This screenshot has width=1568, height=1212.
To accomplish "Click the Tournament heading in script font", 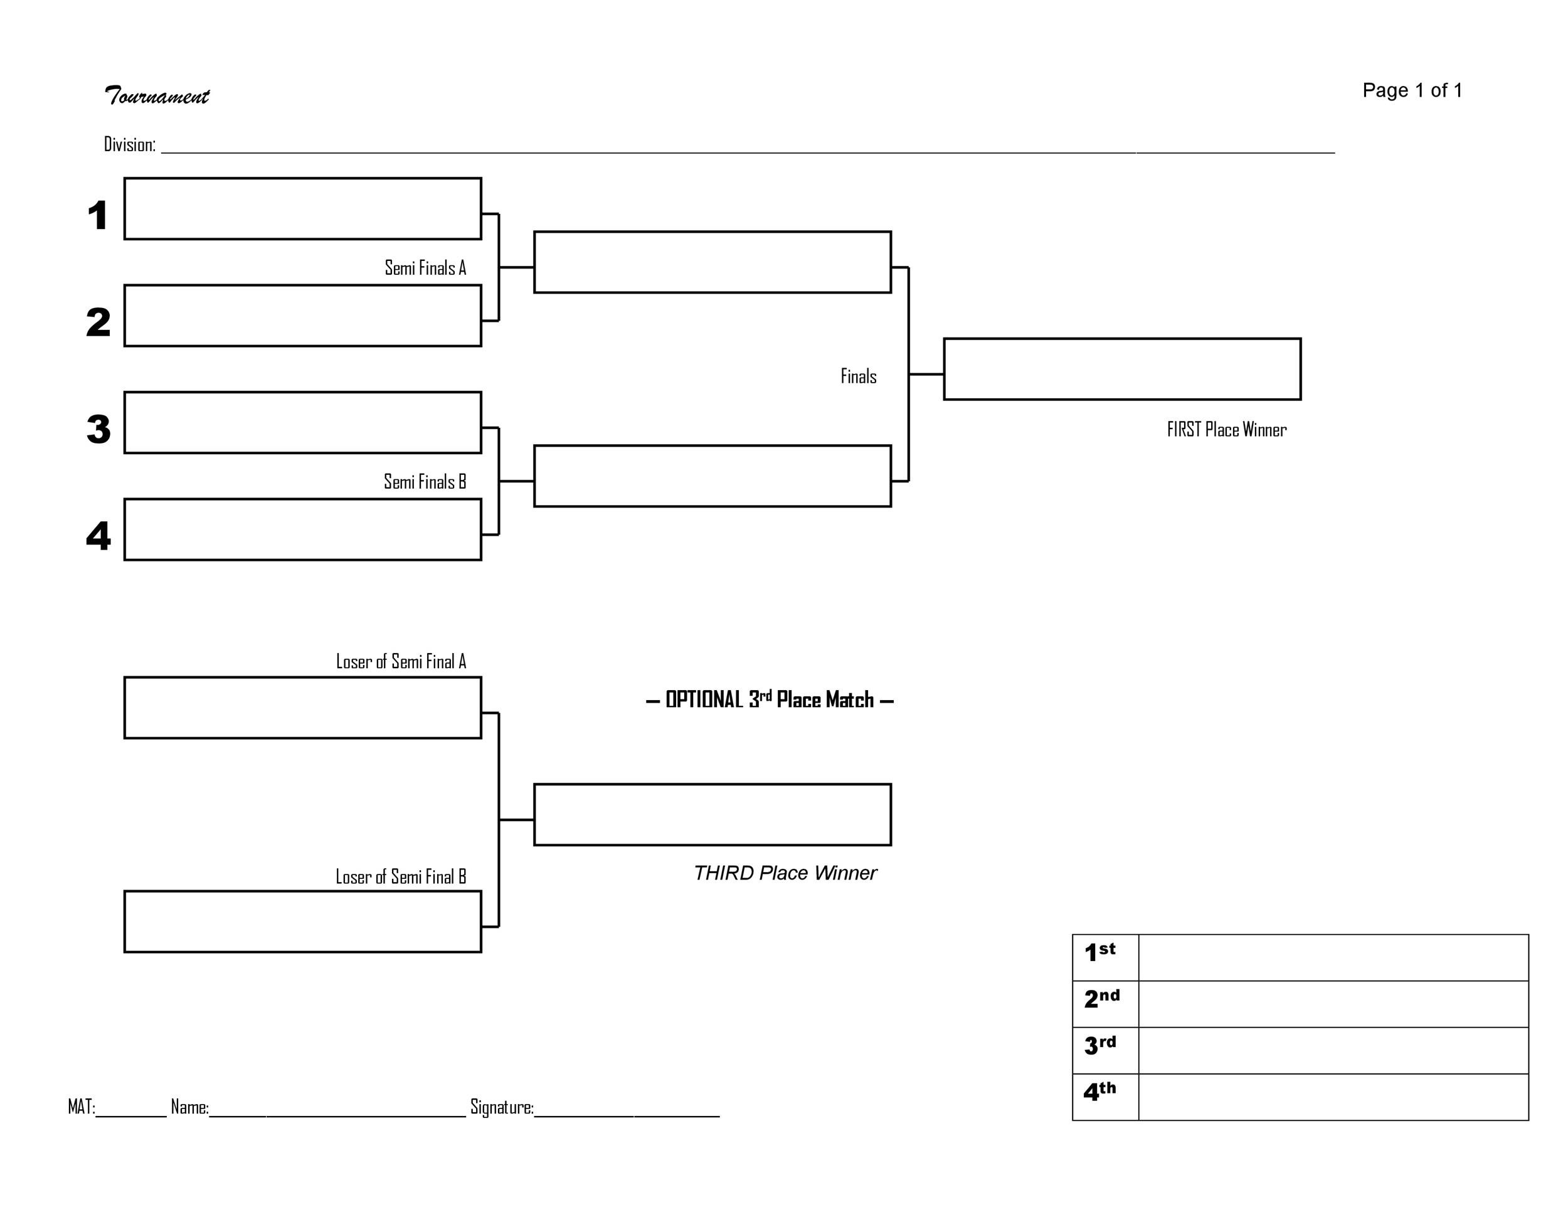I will (x=157, y=95).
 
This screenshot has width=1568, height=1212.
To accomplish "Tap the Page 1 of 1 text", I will (x=1411, y=90).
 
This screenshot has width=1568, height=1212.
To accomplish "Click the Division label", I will (x=129, y=145).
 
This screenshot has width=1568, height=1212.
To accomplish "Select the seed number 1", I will (x=98, y=215).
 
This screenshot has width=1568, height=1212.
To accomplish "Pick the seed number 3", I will (x=98, y=429).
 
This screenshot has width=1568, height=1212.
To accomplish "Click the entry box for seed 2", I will (x=302, y=316).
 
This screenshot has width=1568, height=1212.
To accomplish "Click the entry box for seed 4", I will (x=302, y=530).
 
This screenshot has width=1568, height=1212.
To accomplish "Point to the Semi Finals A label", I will (x=425, y=268).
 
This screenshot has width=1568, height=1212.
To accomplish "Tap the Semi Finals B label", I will (x=425, y=482).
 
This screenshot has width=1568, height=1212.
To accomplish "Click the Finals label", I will (x=858, y=376).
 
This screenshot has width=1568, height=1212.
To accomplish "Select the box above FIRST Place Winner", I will (x=1121, y=369).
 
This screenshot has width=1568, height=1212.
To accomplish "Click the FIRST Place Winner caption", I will (x=1226, y=429).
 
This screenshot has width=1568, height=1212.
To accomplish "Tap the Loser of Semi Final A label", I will (x=401, y=661).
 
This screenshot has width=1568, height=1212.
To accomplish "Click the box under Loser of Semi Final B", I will (x=302, y=922).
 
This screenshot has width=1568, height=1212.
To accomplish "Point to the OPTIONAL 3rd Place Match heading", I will (x=769, y=699).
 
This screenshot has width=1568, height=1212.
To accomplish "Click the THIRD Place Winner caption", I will (x=784, y=873).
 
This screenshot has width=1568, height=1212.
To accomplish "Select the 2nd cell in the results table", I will (x=1104, y=1004).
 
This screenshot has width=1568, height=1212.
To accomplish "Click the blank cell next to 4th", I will (x=1333, y=1097).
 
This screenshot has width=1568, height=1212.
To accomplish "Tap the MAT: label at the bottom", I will (x=81, y=1107).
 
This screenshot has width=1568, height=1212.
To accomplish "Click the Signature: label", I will (x=501, y=1107).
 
